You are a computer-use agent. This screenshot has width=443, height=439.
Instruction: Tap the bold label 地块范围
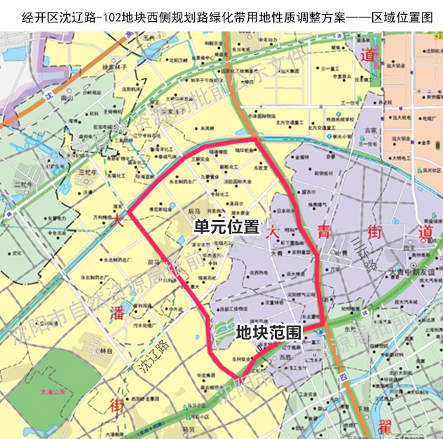(x=268, y=332)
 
